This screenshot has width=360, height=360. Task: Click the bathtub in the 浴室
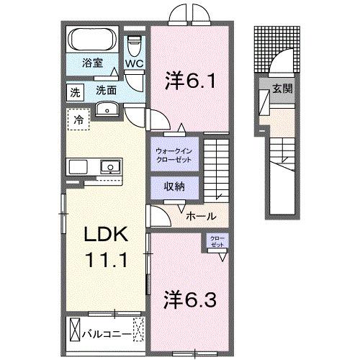click(x=94, y=40)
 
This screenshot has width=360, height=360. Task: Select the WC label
click(x=135, y=63)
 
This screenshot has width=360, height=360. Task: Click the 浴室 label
click(x=90, y=63)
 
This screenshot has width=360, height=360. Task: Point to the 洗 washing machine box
click(x=76, y=91)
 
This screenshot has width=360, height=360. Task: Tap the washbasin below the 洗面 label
click(x=107, y=109)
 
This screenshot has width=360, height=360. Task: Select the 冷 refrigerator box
click(x=78, y=119)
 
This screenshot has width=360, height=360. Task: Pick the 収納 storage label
click(x=173, y=186)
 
